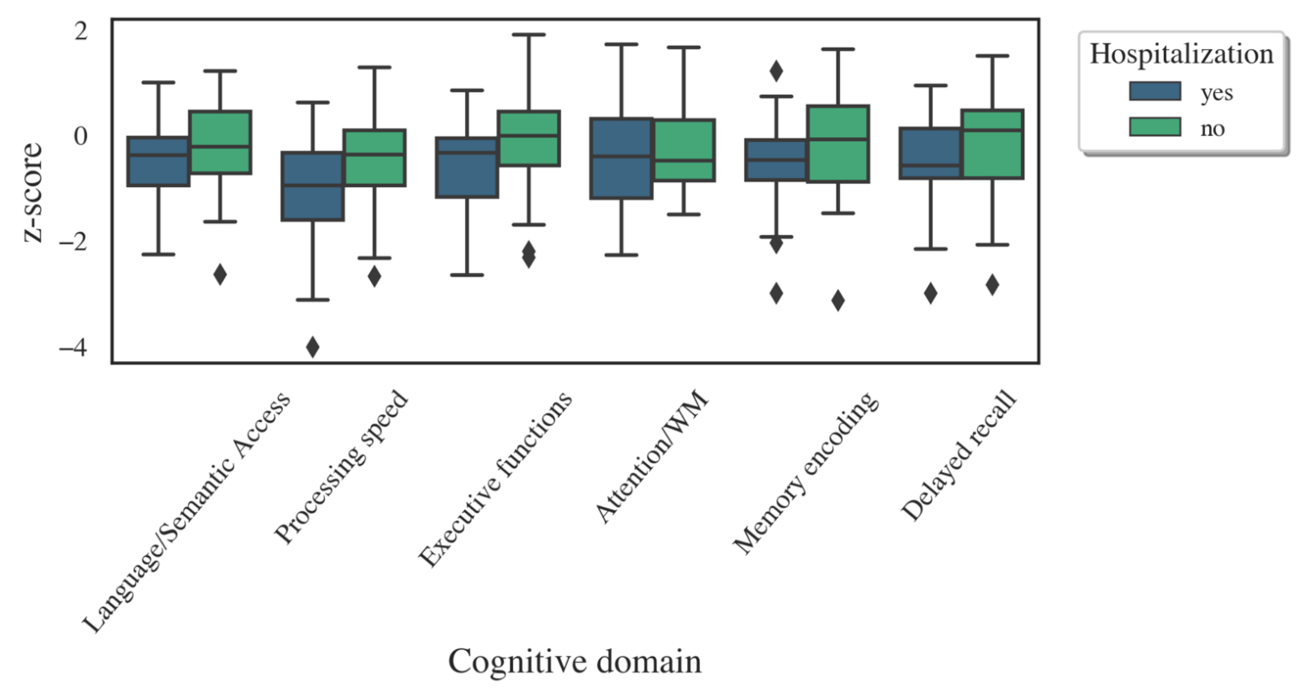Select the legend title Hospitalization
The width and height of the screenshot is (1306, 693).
[x=1181, y=54]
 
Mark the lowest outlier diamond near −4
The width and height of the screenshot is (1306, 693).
[x=313, y=347]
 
